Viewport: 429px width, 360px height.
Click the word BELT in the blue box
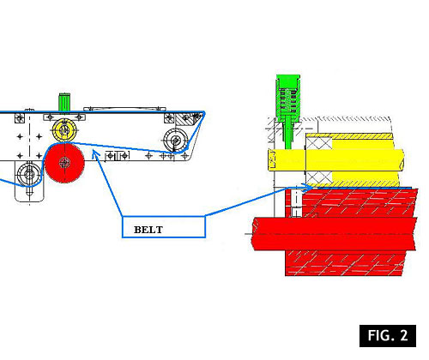pos(148,230)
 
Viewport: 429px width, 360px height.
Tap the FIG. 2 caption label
pos(388,336)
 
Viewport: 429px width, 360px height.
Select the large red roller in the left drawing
pos(64,163)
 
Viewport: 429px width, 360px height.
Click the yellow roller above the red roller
pos(64,130)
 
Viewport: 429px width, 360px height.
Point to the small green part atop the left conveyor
pos(64,102)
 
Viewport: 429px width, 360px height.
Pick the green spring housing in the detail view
pos(288,97)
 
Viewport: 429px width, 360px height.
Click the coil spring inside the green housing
pos(288,100)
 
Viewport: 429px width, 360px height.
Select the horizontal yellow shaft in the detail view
pos(335,160)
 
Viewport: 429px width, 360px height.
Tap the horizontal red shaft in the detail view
pos(335,234)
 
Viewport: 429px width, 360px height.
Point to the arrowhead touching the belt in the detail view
pos(308,188)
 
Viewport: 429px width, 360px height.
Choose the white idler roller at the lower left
pos(29,173)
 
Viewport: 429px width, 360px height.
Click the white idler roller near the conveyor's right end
pos(176,140)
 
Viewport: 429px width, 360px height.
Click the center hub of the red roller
pos(64,163)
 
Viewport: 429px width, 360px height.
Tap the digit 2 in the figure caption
pos(404,335)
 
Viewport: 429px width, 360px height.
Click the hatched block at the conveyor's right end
pos(187,119)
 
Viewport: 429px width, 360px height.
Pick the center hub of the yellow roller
pos(64,130)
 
